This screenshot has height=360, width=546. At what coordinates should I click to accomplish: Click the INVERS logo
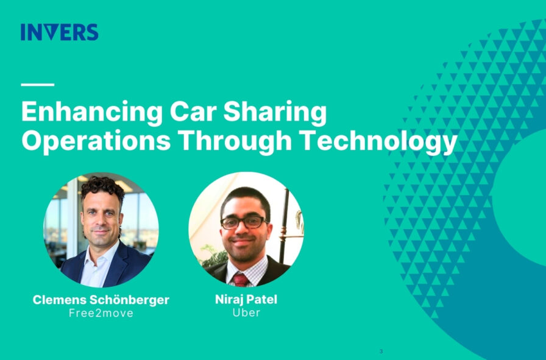(59, 32)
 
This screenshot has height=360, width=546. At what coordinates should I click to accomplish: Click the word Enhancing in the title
(91, 113)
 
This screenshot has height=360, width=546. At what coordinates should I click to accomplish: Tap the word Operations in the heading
(96, 141)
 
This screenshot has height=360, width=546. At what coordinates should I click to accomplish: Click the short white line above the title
(37, 85)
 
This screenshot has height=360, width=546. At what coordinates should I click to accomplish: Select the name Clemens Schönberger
(101, 300)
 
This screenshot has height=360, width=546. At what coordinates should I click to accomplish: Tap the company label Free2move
(101, 313)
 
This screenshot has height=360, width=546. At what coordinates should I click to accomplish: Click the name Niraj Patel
(246, 300)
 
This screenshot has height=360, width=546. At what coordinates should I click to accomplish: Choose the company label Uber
(246, 313)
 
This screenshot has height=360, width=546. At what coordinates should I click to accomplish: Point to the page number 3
(381, 351)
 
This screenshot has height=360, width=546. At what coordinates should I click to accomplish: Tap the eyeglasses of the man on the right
(243, 222)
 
